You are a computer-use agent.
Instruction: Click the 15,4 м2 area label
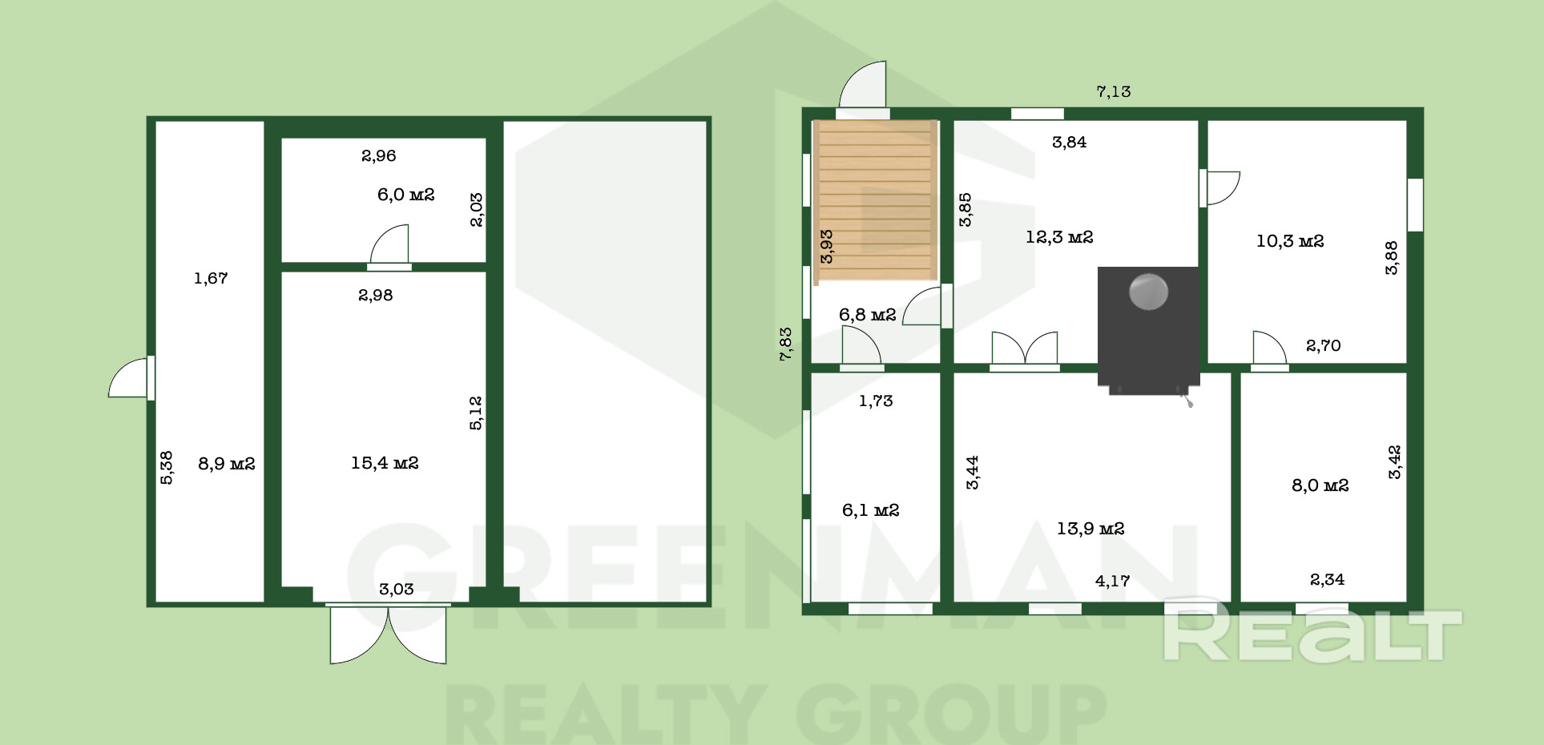(x=385, y=463)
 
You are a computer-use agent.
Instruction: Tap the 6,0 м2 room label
(x=405, y=195)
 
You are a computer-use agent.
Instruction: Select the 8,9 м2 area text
(x=227, y=464)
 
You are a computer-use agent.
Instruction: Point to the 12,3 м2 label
(x=1059, y=237)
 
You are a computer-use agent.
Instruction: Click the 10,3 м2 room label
(x=1290, y=241)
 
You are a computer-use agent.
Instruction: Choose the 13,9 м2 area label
(x=1090, y=529)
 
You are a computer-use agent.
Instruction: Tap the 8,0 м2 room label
(x=1320, y=485)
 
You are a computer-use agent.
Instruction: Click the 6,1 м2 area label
(x=870, y=510)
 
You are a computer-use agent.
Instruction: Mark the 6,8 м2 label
(x=867, y=315)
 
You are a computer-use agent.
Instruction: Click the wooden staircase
(x=875, y=202)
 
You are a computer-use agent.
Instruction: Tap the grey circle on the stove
(x=1148, y=292)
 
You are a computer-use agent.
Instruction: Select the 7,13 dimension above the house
(x=1114, y=91)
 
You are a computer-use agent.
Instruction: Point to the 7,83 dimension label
(x=786, y=344)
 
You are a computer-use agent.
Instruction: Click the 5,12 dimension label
(x=476, y=413)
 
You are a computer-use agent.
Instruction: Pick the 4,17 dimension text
(x=1112, y=581)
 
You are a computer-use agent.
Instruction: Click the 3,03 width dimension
(x=396, y=590)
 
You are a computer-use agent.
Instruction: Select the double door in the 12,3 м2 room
(x=1024, y=351)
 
